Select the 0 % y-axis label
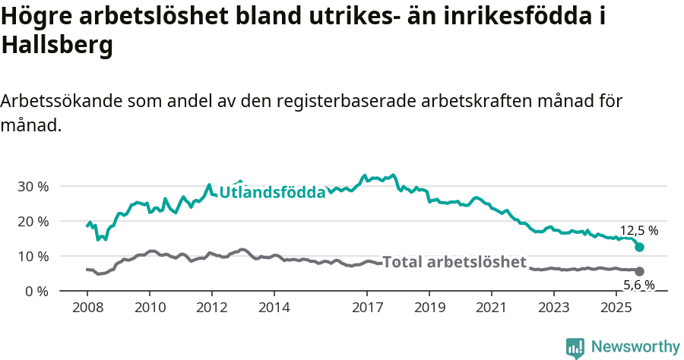36,291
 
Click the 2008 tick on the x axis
87,308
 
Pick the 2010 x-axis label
150,308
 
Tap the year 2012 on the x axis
212,308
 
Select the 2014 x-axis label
274,308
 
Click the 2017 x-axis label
367,308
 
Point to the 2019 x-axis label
429,308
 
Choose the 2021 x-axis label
492,308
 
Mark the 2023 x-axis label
554,308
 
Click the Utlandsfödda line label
272,193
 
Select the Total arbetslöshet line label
454,262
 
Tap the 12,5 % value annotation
639,230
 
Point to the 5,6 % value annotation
639,286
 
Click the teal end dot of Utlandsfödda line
640,247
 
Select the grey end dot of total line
640,271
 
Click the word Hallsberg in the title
58,46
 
